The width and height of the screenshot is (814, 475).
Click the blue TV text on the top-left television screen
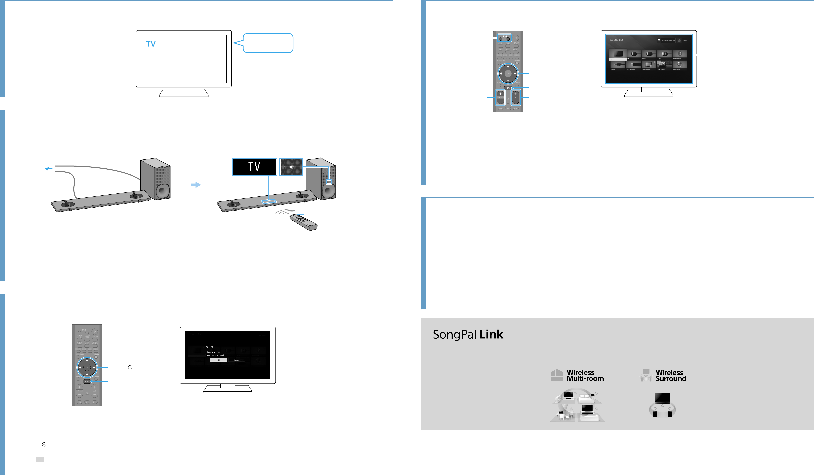tap(151, 44)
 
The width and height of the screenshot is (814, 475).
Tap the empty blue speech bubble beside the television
tap(268, 43)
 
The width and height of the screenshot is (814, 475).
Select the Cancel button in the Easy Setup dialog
tap(237, 360)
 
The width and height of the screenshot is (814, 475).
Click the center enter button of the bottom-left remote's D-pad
tap(87, 367)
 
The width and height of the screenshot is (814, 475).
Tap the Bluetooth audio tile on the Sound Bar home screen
tap(680, 54)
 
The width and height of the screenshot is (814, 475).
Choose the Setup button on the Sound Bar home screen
tap(682, 41)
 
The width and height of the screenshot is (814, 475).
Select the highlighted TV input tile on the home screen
tap(618, 55)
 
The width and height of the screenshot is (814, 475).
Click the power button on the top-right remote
tap(516, 38)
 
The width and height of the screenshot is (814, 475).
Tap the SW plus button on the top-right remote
tap(500, 94)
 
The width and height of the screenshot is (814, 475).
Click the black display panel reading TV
tap(254, 167)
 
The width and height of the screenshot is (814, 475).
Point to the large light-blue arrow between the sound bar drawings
tap(196, 185)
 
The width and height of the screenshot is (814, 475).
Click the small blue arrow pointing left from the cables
tap(48, 168)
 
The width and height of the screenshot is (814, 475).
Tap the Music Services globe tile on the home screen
tap(680, 65)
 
